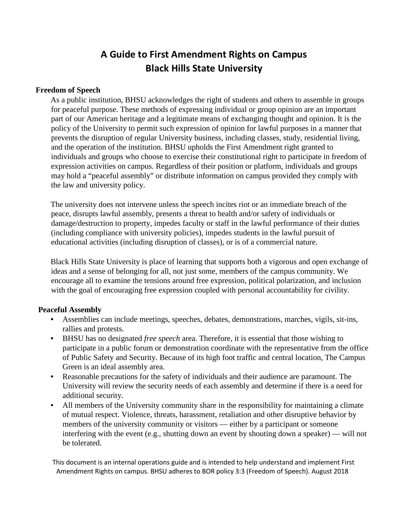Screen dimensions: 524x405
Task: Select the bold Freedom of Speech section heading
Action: pyautogui.click(x=68, y=90)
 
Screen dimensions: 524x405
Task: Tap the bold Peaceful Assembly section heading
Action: pyautogui.click(x=70, y=310)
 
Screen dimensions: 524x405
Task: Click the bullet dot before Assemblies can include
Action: pyautogui.click(x=52, y=320)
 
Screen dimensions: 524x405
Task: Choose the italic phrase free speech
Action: pyautogui.click(x=162, y=339)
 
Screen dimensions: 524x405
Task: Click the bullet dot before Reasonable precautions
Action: pyautogui.click(x=52, y=377)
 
